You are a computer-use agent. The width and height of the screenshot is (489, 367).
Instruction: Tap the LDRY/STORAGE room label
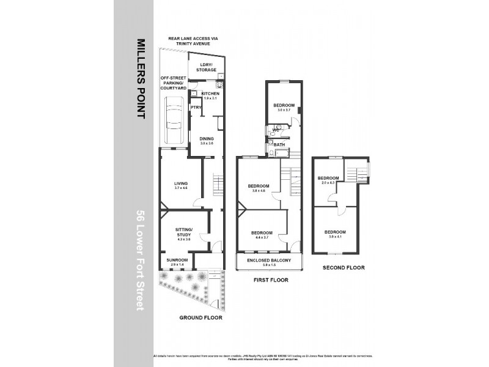[206, 67]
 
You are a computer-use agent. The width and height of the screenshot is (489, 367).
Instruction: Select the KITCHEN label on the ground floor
[202, 94]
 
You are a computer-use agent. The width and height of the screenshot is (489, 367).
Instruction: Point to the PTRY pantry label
[196, 108]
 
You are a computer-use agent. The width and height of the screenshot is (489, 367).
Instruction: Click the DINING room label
[206, 138]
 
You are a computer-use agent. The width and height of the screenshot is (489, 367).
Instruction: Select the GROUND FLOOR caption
[200, 317]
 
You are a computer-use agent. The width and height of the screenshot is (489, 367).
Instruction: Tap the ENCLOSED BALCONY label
[269, 260]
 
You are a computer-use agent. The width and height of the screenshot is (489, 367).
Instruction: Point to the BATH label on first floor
[279, 145]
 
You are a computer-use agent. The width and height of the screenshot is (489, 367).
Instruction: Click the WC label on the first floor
[276, 130]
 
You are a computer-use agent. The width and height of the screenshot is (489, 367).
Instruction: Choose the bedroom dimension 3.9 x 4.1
[334, 236]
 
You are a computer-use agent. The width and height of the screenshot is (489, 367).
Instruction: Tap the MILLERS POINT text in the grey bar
[141, 80]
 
